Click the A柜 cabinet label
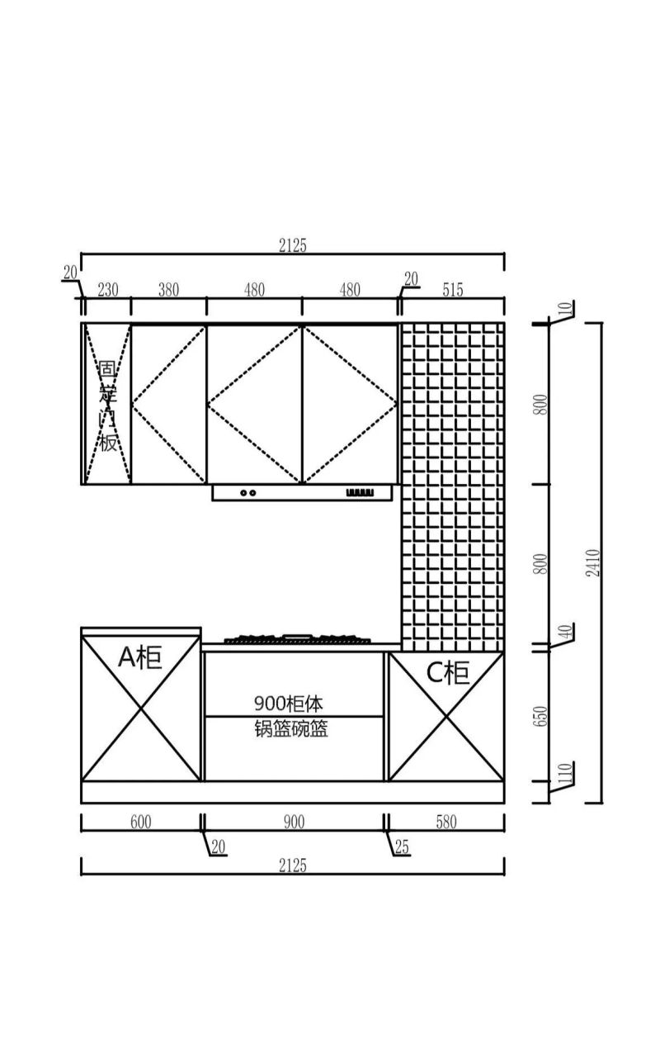[140, 657]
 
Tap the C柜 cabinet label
[448, 672]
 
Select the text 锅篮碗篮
[291, 728]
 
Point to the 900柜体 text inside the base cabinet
[289, 704]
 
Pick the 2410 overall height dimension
[592, 562]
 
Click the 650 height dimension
[540, 716]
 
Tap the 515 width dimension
[452, 290]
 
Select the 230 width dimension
[107, 290]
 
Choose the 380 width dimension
[168, 290]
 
